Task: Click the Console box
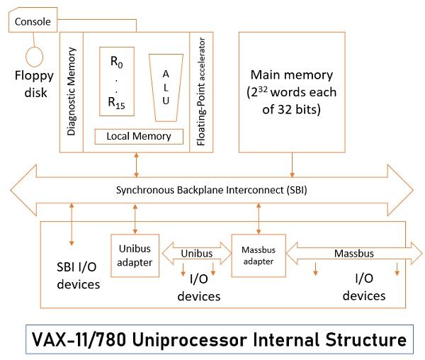33,22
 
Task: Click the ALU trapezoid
166,88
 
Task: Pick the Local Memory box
138,136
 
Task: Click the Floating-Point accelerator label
201,91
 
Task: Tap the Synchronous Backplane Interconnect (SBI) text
212,190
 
